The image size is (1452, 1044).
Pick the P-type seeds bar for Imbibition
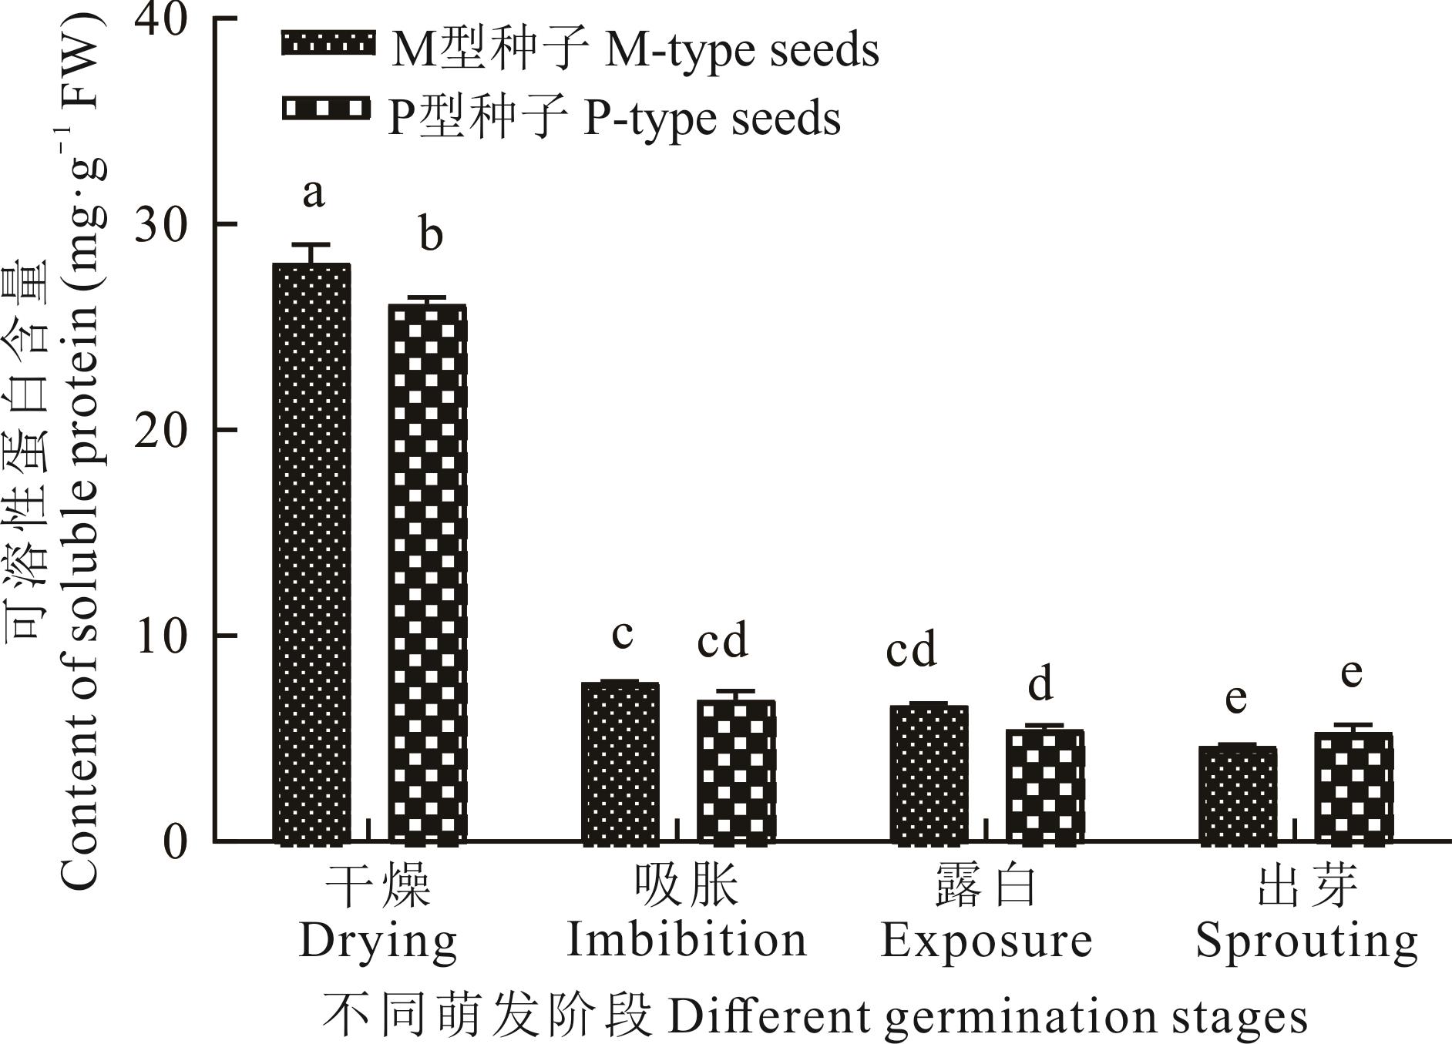(x=736, y=770)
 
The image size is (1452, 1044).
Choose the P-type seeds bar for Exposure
(x=1045, y=785)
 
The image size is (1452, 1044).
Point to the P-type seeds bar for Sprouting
(x=1353, y=787)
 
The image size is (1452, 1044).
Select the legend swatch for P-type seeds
(x=325, y=109)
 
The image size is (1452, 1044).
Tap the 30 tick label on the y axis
(x=161, y=224)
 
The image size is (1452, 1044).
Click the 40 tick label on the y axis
(x=161, y=18)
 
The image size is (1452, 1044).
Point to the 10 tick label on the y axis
(x=161, y=636)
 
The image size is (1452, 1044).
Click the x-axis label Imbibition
(x=687, y=941)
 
